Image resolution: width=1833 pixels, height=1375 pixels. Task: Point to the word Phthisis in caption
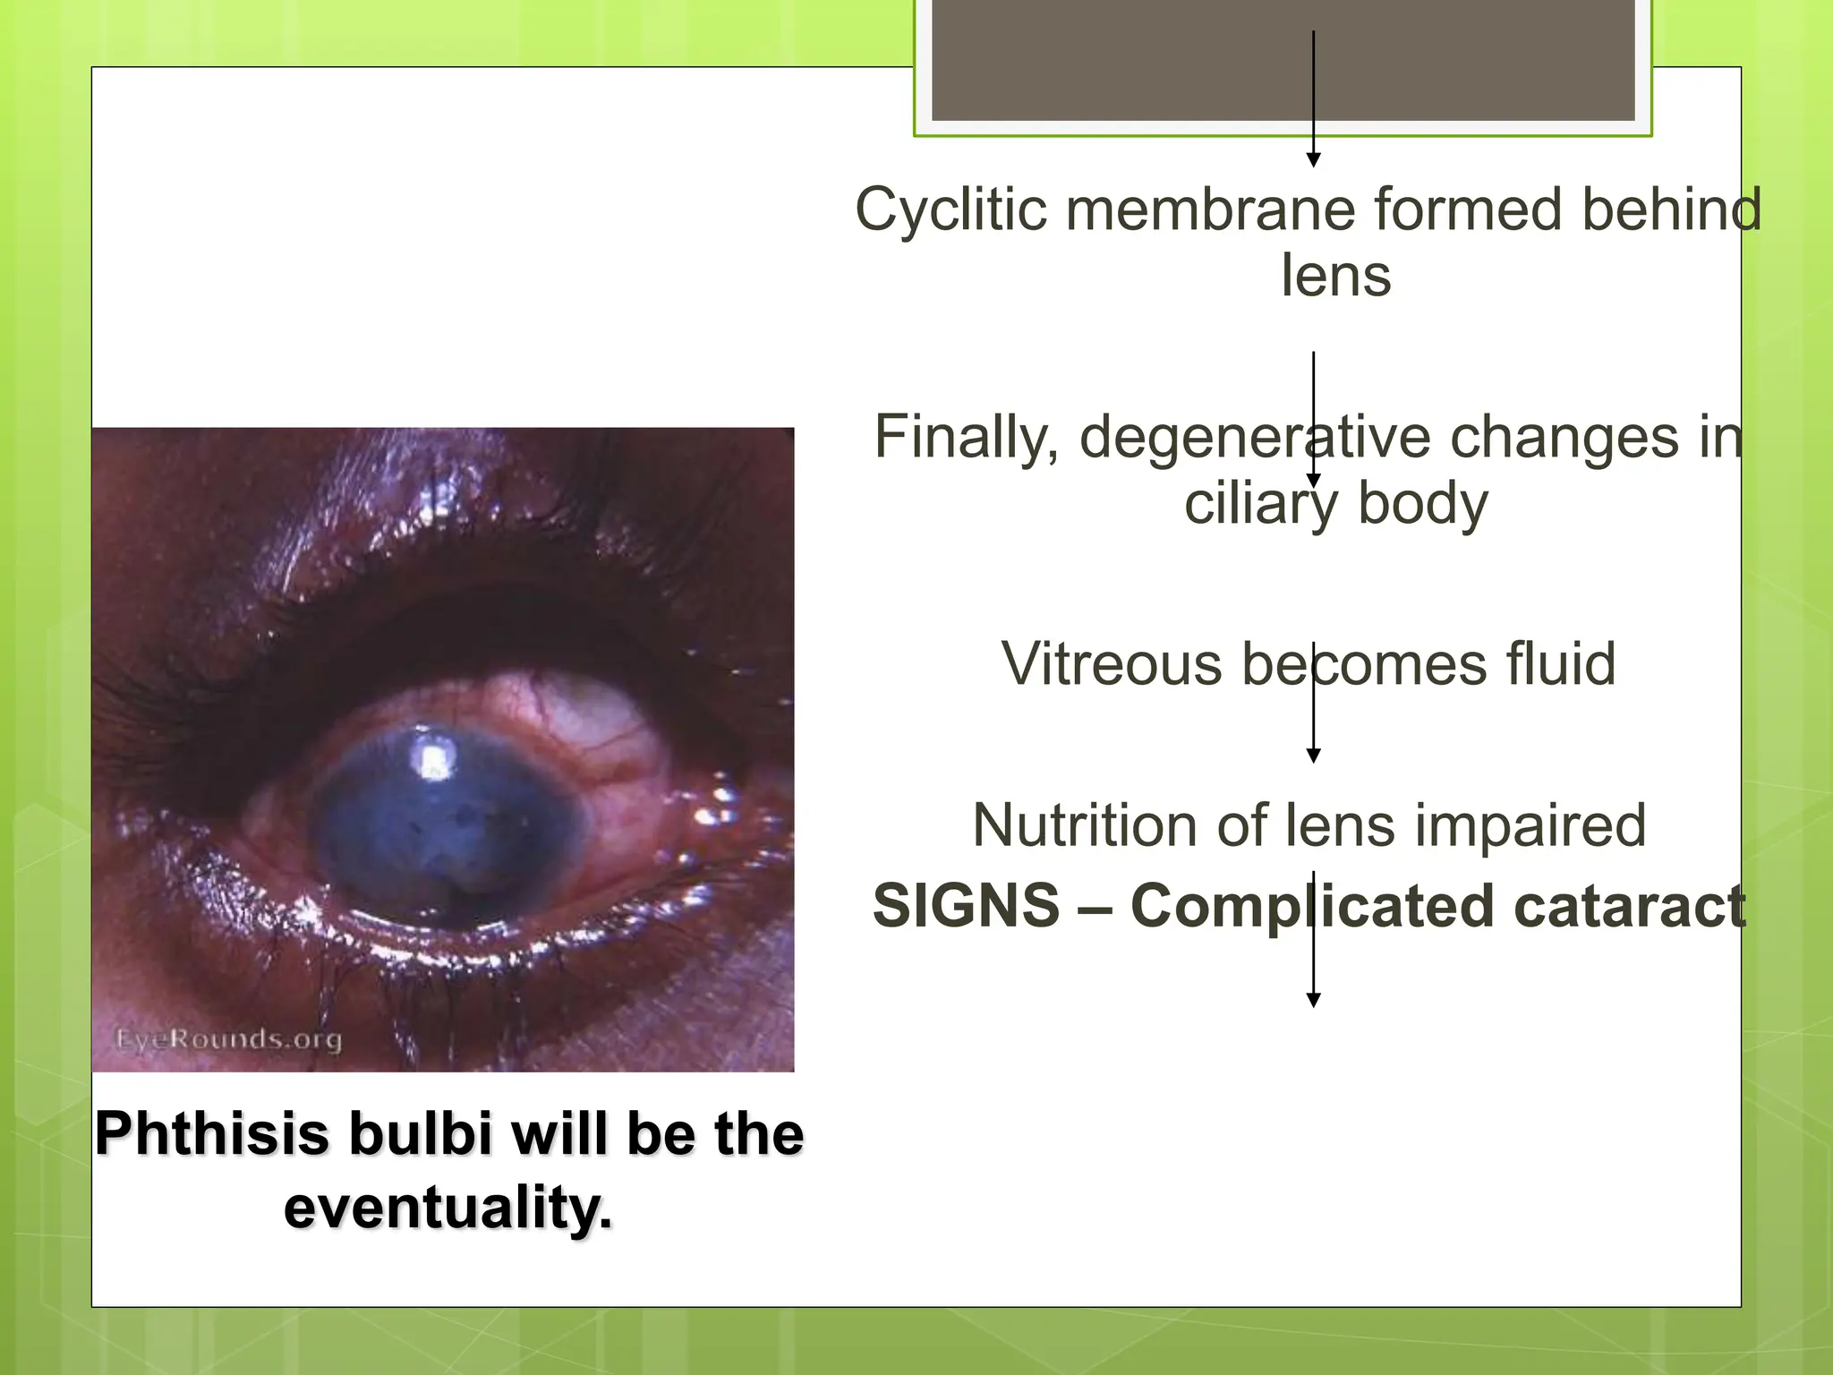click(x=213, y=1134)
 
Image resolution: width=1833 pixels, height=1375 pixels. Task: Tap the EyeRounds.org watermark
click(x=229, y=1039)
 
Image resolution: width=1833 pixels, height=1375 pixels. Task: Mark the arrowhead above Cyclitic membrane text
click(x=1313, y=159)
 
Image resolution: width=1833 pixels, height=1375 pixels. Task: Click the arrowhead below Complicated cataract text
click(x=1313, y=1000)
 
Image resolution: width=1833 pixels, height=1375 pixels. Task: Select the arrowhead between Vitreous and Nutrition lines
click(x=1313, y=756)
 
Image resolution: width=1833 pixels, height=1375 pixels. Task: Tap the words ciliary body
click(x=1335, y=503)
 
